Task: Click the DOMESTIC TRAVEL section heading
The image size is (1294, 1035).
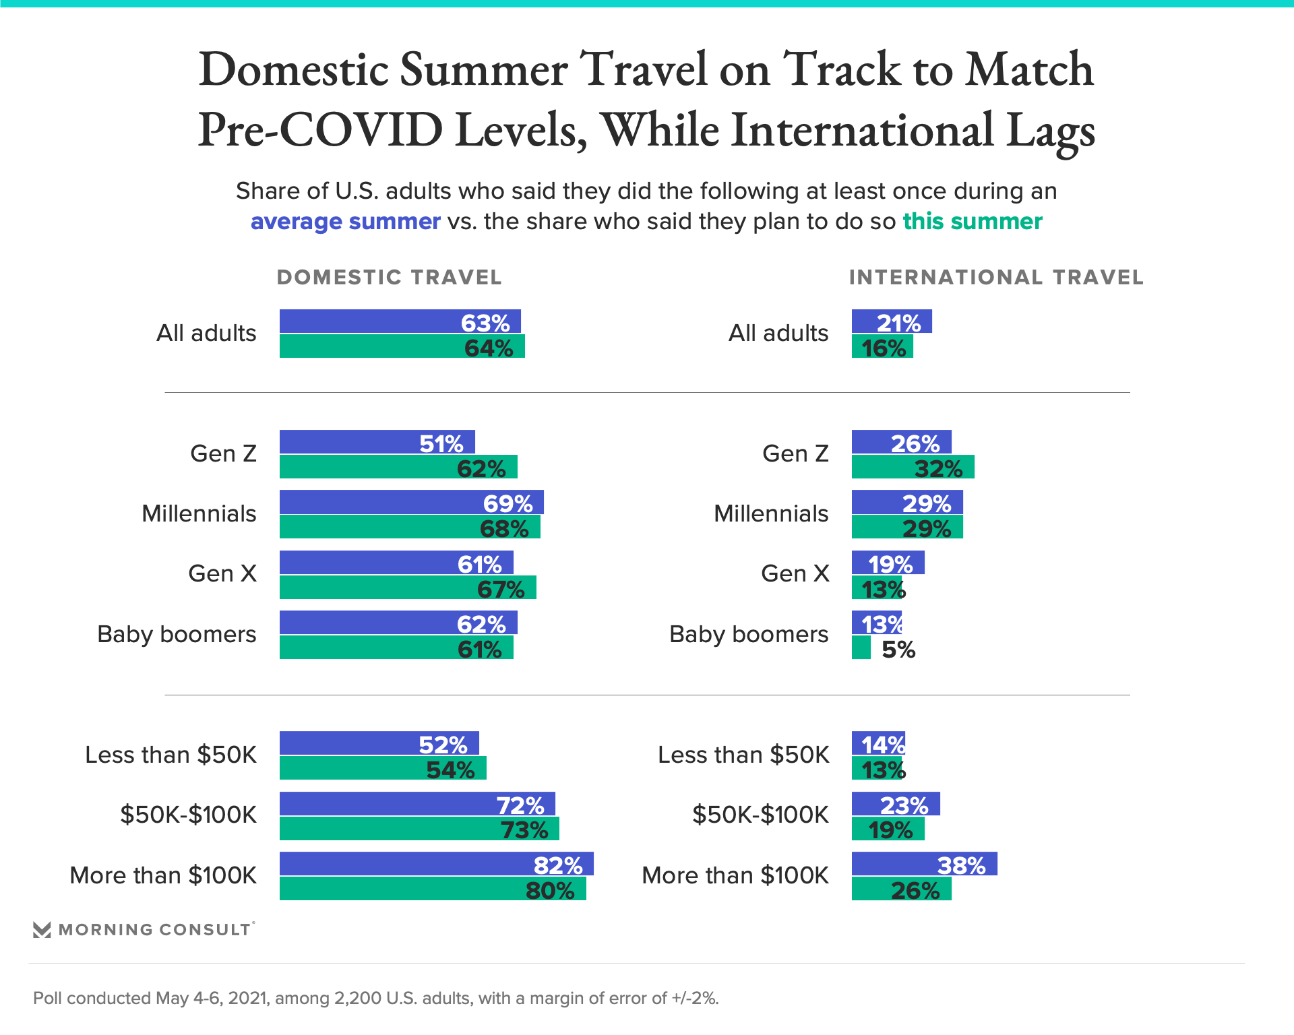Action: [389, 278]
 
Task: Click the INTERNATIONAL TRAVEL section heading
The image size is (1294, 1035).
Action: [995, 278]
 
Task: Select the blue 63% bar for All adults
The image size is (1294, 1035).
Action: [400, 321]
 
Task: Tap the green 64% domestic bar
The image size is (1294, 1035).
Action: [402, 346]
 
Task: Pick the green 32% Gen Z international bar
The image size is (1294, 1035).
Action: [913, 467]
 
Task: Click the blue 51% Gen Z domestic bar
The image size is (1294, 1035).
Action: [377, 442]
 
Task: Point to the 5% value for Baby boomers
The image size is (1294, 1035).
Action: [898, 650]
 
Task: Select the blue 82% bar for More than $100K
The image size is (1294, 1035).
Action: [436, 864]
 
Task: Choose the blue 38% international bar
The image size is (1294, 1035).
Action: [924, 864]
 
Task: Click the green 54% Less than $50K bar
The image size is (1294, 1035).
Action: [383, 768]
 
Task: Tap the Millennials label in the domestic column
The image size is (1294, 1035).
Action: [199, 513]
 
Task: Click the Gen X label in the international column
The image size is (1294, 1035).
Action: [795, 573]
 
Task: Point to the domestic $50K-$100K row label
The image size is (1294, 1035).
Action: [188, 815]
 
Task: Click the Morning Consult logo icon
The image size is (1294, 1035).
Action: [42, 930]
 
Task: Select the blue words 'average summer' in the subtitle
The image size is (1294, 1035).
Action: [345, 222]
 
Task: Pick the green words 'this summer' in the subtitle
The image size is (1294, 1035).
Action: [972, 222]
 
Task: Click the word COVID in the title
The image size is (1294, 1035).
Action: [361, 129]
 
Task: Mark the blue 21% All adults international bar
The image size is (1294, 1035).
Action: [892, 321]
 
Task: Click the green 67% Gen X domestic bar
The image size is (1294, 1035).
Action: [408, 588]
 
